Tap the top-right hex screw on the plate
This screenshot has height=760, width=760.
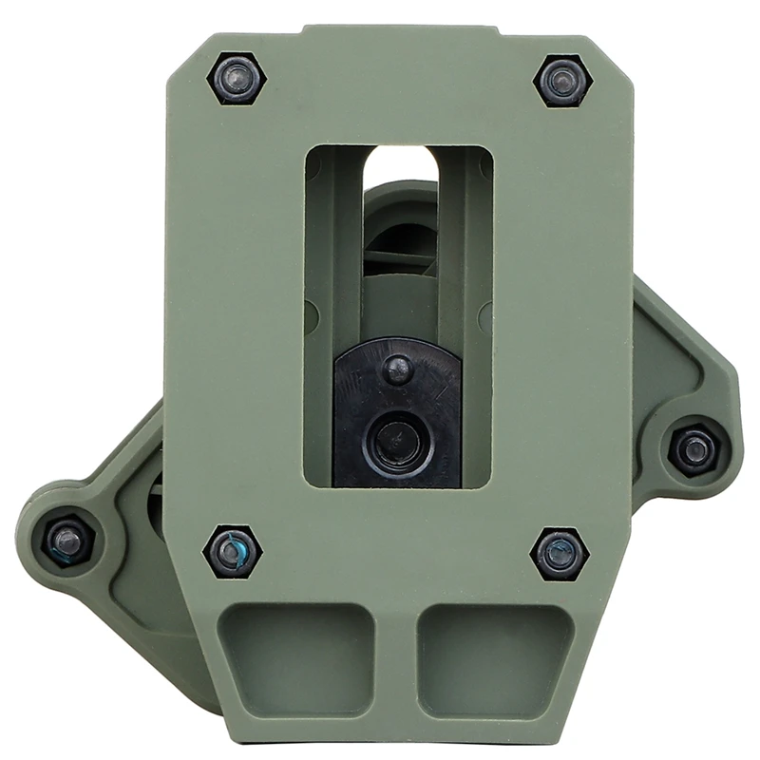pos(562,79)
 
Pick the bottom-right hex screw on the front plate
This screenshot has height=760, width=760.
pos(560,553)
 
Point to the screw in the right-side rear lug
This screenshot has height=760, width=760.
pos(694,448)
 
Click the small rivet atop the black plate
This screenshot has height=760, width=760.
pos(397,366)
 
